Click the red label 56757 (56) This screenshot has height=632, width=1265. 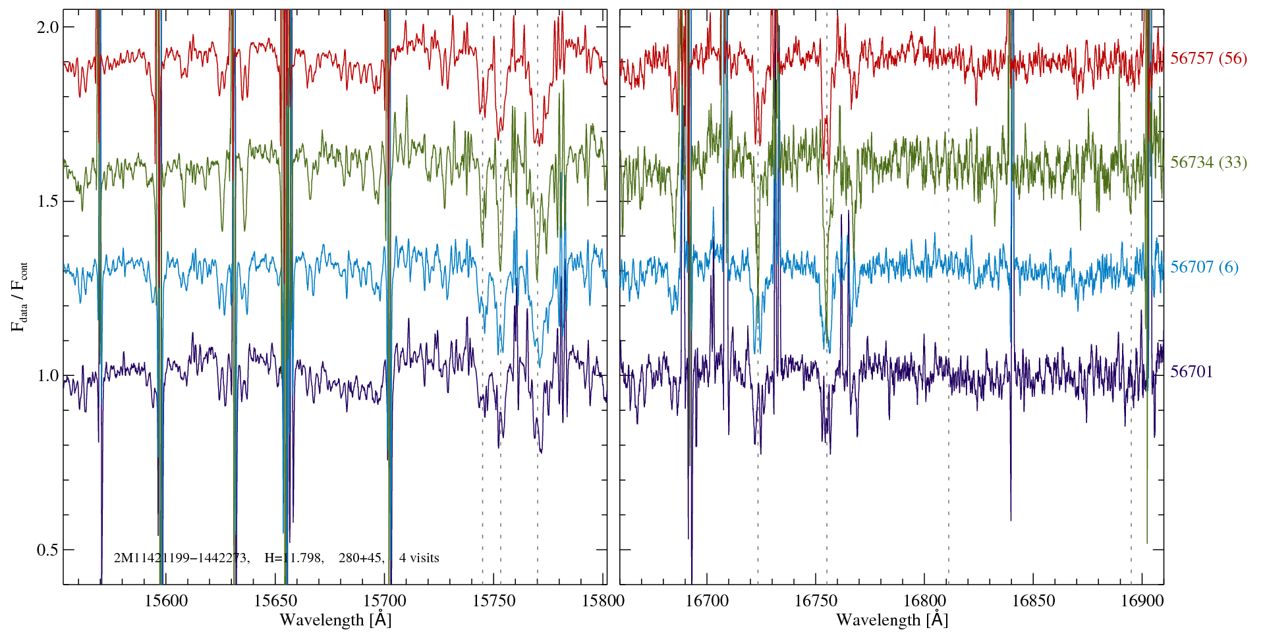pyautogui.click(x=1208, y=59)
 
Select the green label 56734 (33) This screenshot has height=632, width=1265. pyautogui.click(x=1208, y=163)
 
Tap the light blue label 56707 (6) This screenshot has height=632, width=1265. pyautogui.click(x=1204, y=267)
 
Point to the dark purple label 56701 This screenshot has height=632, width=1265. pyautogui.click(x=1191, y=372)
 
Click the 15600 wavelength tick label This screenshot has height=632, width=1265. pyautogui.click(x=166, y=600)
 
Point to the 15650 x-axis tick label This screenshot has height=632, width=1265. pyautogui.click(x=275, y=600)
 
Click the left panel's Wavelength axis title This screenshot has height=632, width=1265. pyautogui.click(x=335, y=620)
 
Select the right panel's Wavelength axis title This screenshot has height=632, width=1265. pyautogui.click(x=892, y=620)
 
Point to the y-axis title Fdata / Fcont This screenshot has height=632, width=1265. pyautogui.click(x=19, y=296)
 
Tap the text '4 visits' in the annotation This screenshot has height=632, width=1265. pyautogui.click(x=419, y=558)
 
